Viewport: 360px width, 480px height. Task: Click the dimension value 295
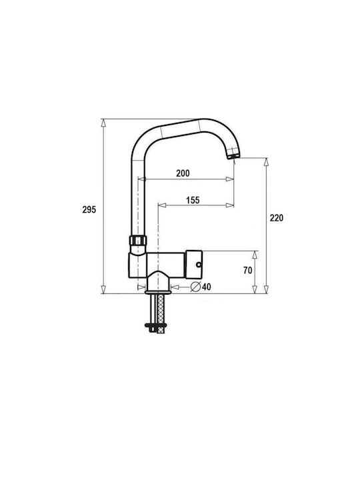89,210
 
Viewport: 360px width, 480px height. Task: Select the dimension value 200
183,173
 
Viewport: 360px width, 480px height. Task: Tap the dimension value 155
193,200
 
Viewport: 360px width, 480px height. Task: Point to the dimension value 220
277,218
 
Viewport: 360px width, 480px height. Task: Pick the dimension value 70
248,270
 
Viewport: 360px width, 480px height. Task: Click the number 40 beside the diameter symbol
206,287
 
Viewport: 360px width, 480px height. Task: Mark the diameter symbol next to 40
195,287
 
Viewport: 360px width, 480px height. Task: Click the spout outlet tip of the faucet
233,157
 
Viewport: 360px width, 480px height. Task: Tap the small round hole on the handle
199,264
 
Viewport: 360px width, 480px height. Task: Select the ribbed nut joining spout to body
138,240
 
